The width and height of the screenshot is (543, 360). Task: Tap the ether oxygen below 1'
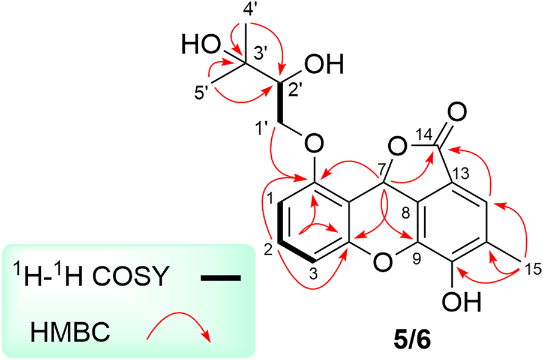pyautogui.click(x=311, y=144)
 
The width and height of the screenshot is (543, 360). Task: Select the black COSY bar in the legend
pyautogui.click(x=220, y=278)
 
